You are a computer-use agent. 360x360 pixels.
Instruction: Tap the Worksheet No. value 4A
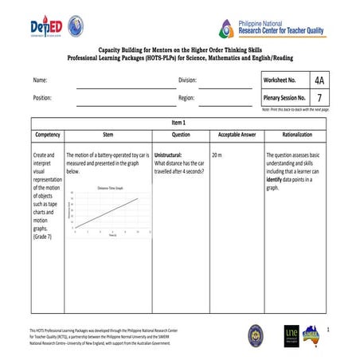pos(319,80)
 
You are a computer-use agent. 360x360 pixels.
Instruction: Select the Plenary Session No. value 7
pos(319,98)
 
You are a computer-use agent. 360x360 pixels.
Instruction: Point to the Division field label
pos(187,81)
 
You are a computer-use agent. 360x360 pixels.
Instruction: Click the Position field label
pos(42,99)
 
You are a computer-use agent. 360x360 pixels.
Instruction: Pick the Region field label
pos(186,99)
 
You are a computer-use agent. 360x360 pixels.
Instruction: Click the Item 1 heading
pos(178,123)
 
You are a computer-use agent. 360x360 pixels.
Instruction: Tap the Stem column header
pos(108,135)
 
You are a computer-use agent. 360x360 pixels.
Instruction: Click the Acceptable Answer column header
pos(237,135)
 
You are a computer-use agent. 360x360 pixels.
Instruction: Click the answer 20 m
pos(217,154)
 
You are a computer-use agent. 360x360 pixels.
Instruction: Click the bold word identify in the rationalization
pos(275,179)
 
